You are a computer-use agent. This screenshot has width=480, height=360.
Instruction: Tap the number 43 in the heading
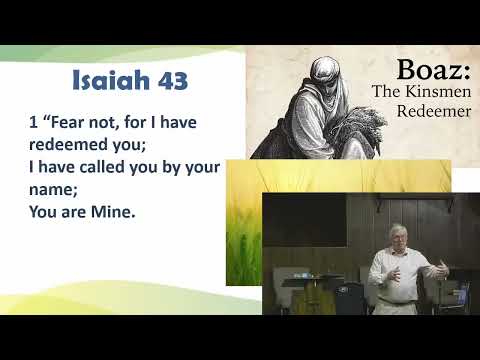pyautogui.click(x=168, y=80)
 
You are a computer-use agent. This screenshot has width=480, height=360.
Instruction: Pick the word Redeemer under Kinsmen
pyautogui.click(x=433, y=110)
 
